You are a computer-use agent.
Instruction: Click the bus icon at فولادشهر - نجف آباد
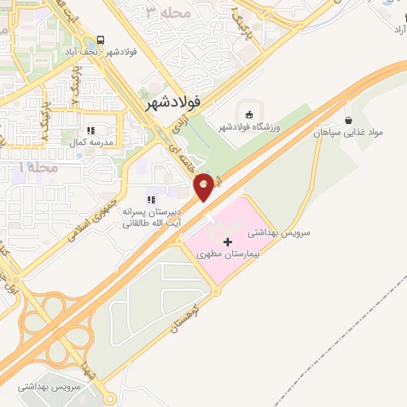coord(101,39)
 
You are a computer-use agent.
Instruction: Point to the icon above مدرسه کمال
coord(91,130)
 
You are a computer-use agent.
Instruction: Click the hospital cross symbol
coord(228,241)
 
